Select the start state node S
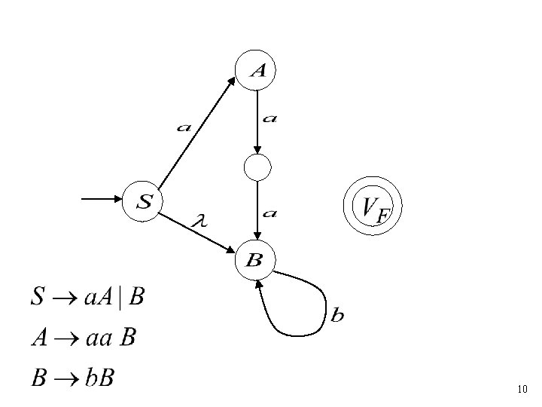(143, 200)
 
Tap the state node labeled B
(255, 261)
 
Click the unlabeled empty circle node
(257, 167)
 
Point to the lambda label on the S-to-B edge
(199, 220)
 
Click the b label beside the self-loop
(337, 315)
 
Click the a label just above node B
(269, 213)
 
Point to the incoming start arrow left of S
(102, 200)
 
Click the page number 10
(523, 390)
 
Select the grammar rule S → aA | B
(87, 297)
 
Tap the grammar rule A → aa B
(83, 337)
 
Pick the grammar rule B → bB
(72, 377)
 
